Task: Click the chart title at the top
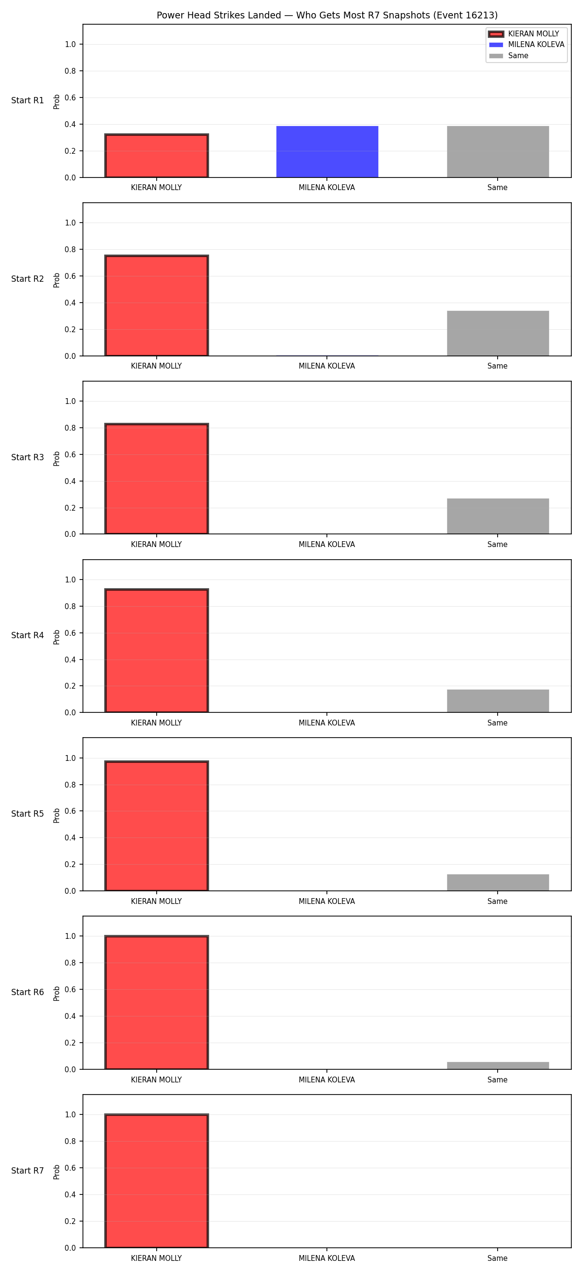coord(327,16)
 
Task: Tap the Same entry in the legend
coord(509,55)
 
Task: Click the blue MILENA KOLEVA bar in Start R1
coord(327,152)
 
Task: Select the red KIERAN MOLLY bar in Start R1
coord(157,156)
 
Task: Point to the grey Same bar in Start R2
coord(498,333)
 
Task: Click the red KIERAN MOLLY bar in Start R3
coord(157,479)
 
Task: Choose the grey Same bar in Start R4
coord(498,701)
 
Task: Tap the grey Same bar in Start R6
coord(498,1065)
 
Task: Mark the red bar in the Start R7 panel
coord(157,1181)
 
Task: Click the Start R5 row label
coord(28,814)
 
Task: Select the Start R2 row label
coord(28,279)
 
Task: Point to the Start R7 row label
coord(28,1171)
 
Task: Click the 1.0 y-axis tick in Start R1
coord(70,45)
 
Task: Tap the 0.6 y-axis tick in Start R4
coord(70,633)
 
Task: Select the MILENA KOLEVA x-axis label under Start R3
coord(326,545)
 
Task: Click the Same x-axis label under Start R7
coord(498,1258)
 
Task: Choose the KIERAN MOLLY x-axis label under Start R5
coord(156,902)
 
